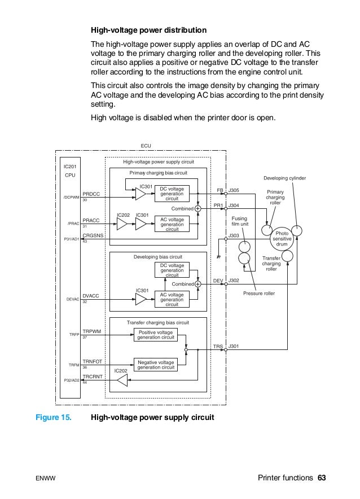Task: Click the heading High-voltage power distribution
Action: tap(149, 29)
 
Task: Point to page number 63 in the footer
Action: tap(322, 478)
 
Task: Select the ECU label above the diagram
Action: tap(146, 146)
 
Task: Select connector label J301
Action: tap(233, 345)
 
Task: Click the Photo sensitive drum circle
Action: tap(282, 237)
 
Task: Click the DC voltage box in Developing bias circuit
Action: tap(172, 270)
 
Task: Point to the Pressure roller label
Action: tap(259, 294)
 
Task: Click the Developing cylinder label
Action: tap(284, 178)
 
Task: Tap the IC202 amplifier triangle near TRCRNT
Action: tap(122, 382)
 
